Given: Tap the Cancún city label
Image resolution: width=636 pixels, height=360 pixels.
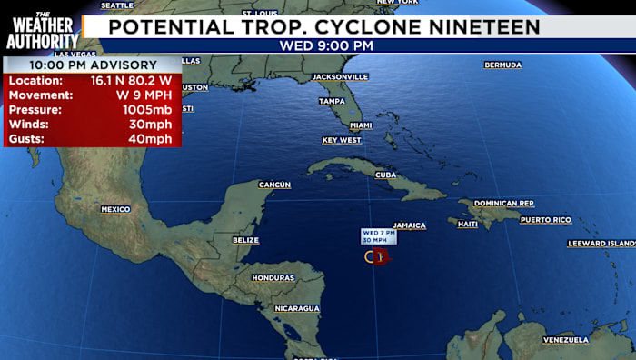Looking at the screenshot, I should (274, 185).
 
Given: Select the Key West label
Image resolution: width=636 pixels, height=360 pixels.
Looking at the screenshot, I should (342, 140).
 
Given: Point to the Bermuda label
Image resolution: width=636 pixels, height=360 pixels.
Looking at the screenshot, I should (502, 65).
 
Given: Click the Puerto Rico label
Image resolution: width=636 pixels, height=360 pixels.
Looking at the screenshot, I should (545, 220).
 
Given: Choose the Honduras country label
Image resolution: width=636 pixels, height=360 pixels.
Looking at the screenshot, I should (273, 277).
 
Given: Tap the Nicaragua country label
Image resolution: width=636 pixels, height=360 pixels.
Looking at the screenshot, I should (297, 308).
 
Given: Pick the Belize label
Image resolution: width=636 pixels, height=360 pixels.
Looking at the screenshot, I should (245, 240).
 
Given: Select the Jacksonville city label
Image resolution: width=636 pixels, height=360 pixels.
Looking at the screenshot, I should (340, 77).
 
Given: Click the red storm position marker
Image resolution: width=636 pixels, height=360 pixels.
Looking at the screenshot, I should (380, 256).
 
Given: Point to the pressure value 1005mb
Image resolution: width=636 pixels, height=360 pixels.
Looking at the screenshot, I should (147, 109).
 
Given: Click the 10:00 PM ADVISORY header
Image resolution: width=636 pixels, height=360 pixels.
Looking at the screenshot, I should (92, 65).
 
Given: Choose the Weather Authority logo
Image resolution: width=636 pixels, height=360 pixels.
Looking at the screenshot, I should (41, 30).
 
